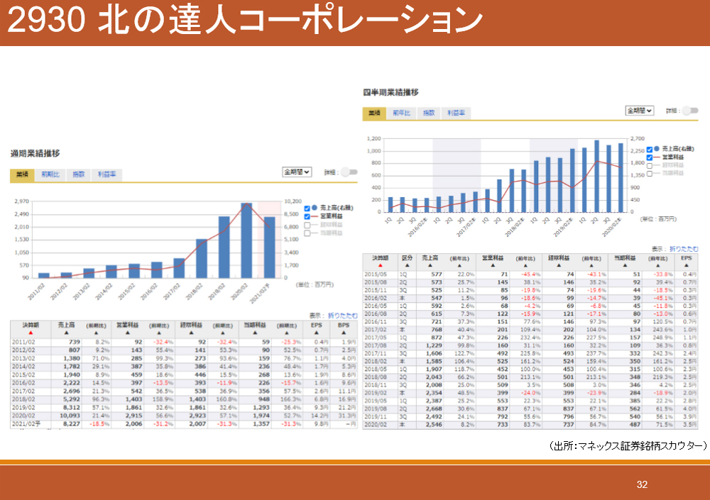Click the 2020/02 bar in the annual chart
click(x=246, y=241)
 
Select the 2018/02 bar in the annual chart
click(x=202, y=258)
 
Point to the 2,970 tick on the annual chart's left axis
click(x=21, y=201)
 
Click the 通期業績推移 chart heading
click(x=35, y=153)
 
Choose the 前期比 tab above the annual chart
click(x=51, y=174)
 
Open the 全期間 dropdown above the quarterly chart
click(x=640, y=111)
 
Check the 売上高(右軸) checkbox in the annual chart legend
click(x=307, y=208)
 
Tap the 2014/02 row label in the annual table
click(x=25, y=367)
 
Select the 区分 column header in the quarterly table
click(x=407, y=257)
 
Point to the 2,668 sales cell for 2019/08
click(x=431, y=409)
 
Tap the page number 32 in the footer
click(x=642, y=485)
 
